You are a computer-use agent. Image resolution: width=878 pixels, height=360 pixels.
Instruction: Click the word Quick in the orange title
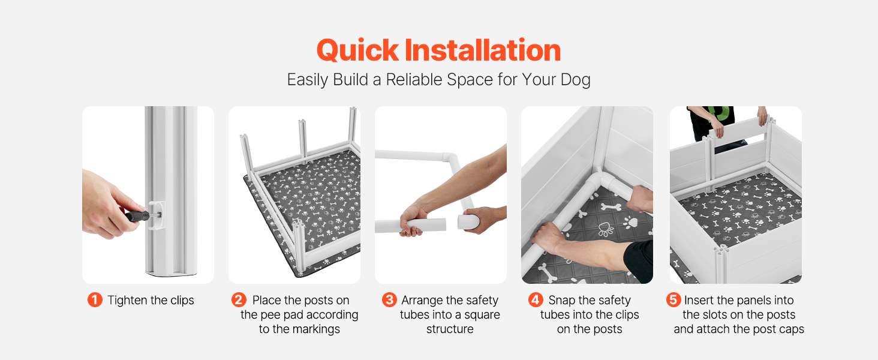click(x=357, y=50)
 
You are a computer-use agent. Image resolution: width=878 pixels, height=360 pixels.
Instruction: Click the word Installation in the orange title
click(x=483, y=50)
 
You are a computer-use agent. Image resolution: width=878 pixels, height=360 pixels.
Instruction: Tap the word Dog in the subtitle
click(x=575, y=80)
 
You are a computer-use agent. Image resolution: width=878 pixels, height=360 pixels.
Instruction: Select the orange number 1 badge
click(x=95, y=300)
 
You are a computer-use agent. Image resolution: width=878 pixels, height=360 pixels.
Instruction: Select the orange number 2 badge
click(x=239, y=300)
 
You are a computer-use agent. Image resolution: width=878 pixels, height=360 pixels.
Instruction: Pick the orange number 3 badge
click(x=389, y=300)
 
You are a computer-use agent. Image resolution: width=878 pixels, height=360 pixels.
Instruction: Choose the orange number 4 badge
click(x=536, y=300)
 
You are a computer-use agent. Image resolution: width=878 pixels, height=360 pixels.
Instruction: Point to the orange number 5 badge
click(x=673, y=300)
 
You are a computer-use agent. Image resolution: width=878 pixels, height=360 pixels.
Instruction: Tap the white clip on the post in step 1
click(x=157, y=215)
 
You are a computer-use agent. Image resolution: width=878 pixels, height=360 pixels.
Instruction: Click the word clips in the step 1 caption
click(x=182, y=301)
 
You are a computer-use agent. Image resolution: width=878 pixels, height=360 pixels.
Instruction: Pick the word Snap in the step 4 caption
click(x=562, y=301)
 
